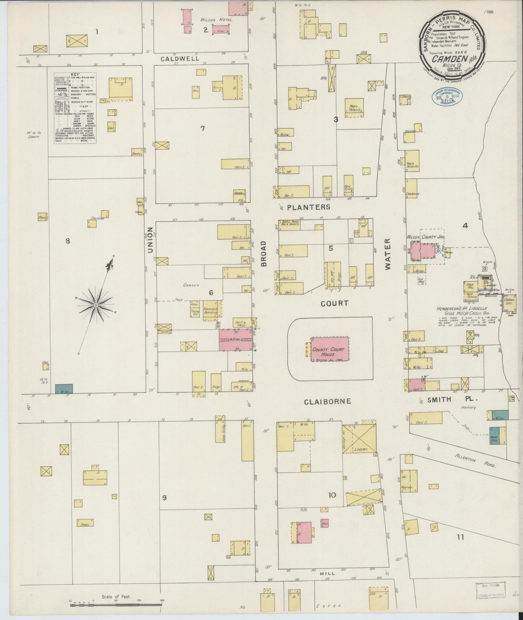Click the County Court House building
click(x=330, y=349)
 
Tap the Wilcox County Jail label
click(x=426, y=237)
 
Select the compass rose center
click(x=96, y=306)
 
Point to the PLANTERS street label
click(x=309, y=207)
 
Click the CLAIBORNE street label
click(x=327, y=401)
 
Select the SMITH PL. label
click(x=453, y=400)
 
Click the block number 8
click(x=67, y=241)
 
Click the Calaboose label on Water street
click(x=413, y=194)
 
